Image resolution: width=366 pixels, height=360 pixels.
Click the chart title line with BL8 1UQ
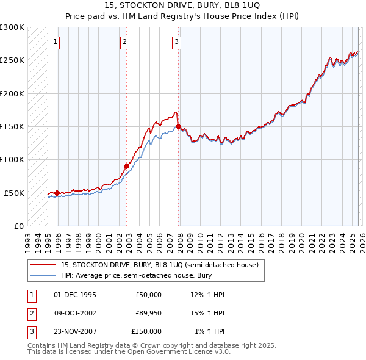point(182,5)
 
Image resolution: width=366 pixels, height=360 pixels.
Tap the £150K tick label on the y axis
point(12,126)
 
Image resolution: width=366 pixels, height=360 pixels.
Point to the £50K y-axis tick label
point(14,193)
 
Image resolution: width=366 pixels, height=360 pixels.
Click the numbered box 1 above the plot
point(55,42)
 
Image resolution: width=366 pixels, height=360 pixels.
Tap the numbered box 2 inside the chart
point(124,42)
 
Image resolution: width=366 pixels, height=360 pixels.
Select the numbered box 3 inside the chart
point(176,42)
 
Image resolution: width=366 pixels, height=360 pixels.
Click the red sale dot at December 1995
point(57,193)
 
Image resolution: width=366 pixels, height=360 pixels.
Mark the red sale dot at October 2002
point(126,166)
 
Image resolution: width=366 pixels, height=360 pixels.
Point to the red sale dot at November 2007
point(178,126)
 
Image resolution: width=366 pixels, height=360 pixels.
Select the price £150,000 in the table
point(146,331)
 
